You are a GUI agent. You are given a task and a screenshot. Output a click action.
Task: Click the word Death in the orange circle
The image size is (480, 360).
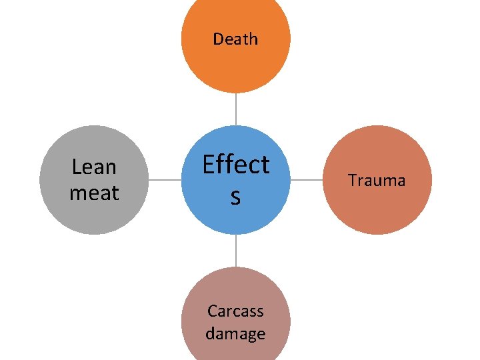click(235, 39)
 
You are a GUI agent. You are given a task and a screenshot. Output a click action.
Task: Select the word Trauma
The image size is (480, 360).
click(377, 181)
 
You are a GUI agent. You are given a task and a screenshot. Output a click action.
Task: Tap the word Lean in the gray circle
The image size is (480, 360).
click(94, 167)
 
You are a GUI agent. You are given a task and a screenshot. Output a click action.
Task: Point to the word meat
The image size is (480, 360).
click(94, 193)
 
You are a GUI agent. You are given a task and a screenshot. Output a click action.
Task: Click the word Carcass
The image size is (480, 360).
click(235, 311)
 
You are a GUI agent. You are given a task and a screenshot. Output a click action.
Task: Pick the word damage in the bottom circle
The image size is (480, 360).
click(235, 333)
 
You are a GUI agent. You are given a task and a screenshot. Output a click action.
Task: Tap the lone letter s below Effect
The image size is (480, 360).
click(235, 197)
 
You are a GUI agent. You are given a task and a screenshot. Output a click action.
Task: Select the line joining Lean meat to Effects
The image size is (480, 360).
click(164, 180)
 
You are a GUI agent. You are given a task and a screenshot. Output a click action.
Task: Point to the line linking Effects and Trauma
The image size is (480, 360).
click(307, 180)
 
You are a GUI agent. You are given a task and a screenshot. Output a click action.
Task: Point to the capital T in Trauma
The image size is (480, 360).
click(352, 181)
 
